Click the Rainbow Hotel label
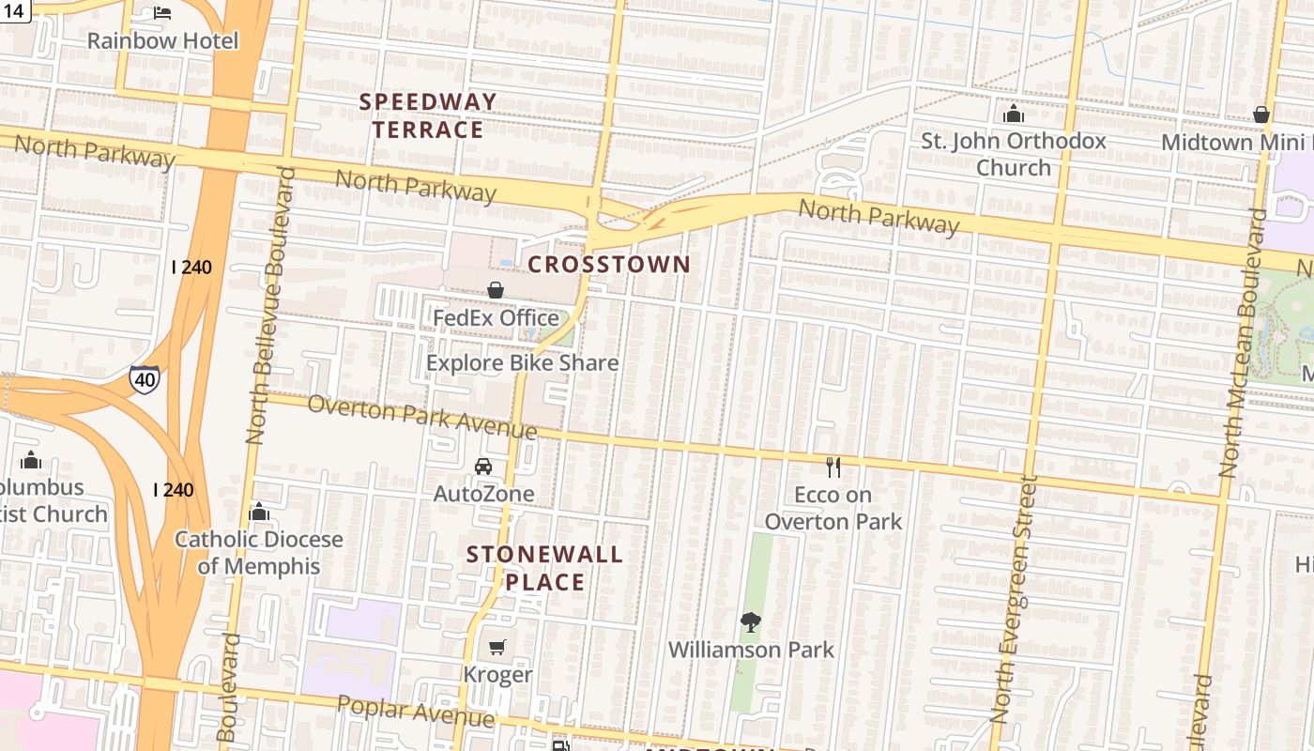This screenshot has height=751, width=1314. [162, 40]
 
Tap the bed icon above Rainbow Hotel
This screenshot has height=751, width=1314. [162, 13]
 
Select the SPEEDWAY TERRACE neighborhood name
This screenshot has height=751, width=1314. [428, 115]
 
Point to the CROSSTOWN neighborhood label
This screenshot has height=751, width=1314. [609, 265]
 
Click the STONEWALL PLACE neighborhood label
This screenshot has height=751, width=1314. [544, 568]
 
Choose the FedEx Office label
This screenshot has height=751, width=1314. [496, 318]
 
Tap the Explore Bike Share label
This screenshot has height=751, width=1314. [522, 363]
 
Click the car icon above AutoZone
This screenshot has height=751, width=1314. [482, 467]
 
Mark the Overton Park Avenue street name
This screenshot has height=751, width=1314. [421, 418]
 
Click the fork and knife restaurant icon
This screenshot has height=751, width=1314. [833, 467]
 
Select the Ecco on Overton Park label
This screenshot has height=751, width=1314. [833, 508]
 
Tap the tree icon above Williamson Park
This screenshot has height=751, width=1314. [750, 621]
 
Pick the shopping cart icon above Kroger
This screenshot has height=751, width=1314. [497, 647]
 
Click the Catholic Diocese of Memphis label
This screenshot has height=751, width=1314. [259, 553]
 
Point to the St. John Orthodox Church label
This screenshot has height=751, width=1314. [1013, 154]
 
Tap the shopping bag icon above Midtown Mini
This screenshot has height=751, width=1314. [1261, 115]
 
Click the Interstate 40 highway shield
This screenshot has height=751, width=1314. [144, 379]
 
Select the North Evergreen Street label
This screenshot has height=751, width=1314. [1014, 601]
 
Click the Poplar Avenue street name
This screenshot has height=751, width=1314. [415, 712]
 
